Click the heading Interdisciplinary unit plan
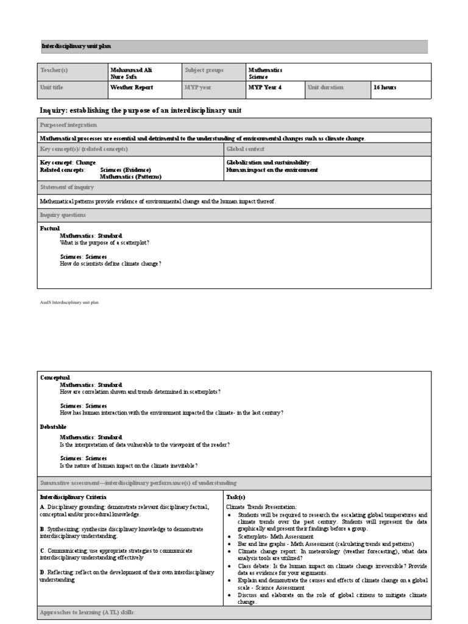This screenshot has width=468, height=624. [x=76, y=46]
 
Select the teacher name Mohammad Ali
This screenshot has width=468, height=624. [x=131, y=70]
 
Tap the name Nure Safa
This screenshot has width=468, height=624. [x=123, y=77]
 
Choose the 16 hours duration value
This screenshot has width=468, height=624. [x=385, y=87]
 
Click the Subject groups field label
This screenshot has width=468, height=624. [x=205, y=70]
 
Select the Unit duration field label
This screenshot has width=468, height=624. [x=325, y=87]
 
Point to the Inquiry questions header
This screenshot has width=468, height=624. [x=63, y=214]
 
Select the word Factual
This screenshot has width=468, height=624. [x=50, y=228]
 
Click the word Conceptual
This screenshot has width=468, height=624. [x=55, y=377]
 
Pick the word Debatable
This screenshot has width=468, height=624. [x=53, y=427]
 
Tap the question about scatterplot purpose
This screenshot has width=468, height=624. [x=105, y=243]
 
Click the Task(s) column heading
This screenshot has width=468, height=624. [x=235, y=497]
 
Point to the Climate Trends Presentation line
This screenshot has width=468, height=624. [x=261, y=506]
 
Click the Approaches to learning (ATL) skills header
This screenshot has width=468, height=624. [x=87, y=611]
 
